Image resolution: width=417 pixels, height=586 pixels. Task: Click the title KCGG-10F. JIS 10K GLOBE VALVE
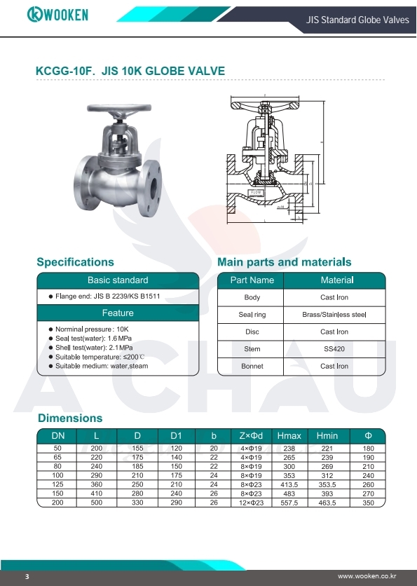(x=130, y=71)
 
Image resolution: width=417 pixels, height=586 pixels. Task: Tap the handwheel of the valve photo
(x=118, y=110)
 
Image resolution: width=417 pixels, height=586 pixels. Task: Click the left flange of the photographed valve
(x=83, y=184)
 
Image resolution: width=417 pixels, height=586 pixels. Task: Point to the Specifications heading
(x=75, y=262)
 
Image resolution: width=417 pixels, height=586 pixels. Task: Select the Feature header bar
(x=118, y=313)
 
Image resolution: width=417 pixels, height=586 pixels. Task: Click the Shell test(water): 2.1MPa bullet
(x=94, y=347)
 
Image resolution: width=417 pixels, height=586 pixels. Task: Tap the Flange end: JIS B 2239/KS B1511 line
(x=108, y=297)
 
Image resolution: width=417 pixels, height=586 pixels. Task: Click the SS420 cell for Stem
(x=335, y=349)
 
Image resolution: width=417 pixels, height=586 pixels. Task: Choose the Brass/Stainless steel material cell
(x=335, y=315)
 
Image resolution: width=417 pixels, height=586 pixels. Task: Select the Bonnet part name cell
(x=252, y=366)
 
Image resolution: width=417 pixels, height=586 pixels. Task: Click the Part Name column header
(x=252, y=280)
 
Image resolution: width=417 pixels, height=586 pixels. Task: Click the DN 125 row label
(x=58, y=484)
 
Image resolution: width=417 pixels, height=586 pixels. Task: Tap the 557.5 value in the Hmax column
(x=289, y=503)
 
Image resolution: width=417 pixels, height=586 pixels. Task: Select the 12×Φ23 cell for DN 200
(x=251, y=503)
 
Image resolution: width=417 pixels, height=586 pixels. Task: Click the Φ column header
(x=369, y=435)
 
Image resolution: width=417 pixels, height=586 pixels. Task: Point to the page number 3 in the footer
(x=27, y=576)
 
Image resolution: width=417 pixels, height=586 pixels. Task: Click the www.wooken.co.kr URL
(x=366, y=576)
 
